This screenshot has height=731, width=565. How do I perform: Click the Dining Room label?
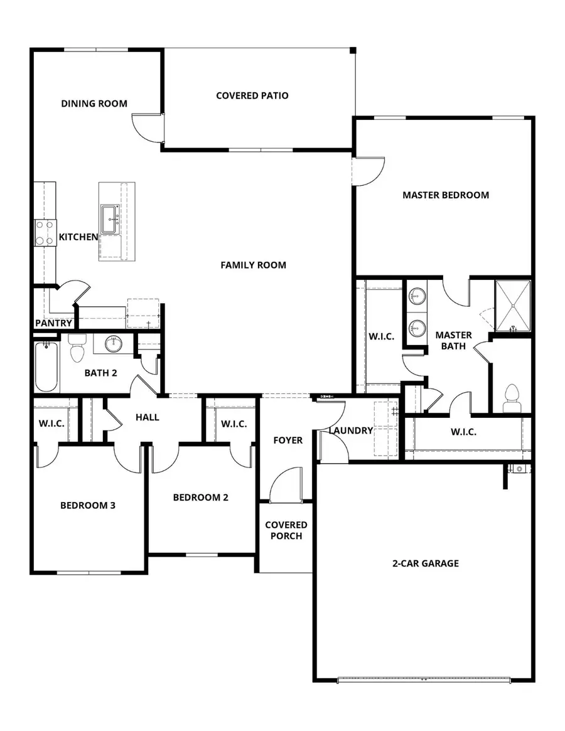(94, 104)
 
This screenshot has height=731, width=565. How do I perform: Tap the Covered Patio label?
(252, 95)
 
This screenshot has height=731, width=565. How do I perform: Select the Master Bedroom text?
(445, 195)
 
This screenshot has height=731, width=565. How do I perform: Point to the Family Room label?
(253, 265)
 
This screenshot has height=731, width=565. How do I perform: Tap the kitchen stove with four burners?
(45, 232)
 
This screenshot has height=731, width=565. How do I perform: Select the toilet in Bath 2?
(77, 349)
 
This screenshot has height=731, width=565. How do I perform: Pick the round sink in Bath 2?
(114, 343)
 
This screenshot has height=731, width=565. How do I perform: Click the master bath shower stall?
(513, 305)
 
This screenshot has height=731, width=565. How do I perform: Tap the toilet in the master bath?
(512, 399)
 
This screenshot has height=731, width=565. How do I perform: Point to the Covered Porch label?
(286, 530)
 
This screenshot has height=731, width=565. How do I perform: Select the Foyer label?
(288, 440)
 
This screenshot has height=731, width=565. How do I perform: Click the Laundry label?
(351, 430)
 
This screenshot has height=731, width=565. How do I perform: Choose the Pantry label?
(53, 324)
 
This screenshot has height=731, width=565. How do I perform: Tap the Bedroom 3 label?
(87, 505)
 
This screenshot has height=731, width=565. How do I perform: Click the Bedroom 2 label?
(200, 498)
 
